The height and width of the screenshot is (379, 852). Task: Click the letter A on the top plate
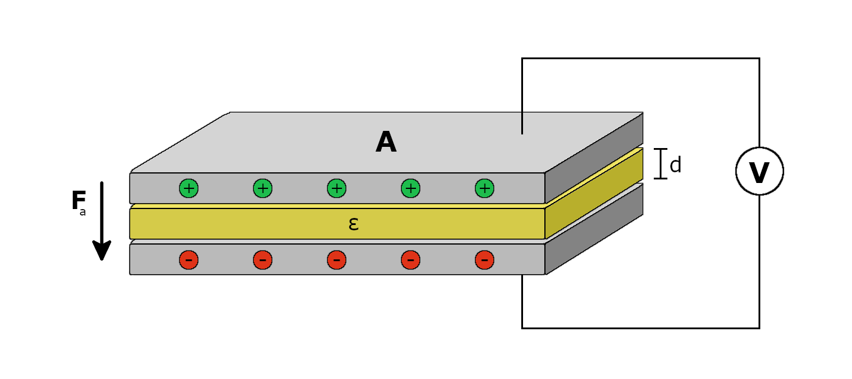pos(386,143)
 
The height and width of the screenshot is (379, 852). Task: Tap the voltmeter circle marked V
pos(759,171)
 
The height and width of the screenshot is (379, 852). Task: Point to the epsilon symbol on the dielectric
pos(353,224)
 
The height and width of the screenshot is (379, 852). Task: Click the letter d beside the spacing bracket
pos(675,166)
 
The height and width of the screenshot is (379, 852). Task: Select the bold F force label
pos(78,201)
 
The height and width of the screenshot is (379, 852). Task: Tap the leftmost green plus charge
pos(189,188)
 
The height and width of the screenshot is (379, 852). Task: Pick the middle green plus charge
pos(337,188)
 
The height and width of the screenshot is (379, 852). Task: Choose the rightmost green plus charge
pos(485,188)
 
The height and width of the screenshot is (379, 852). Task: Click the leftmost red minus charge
pos(189,260)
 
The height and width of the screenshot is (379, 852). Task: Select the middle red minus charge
pos(337,260)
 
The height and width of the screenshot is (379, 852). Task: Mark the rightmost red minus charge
pos(485,260)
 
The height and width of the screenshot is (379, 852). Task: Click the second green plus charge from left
pos(263,188)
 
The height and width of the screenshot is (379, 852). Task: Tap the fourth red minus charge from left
pos(411,260)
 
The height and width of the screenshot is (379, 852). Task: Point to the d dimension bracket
pos(660,163)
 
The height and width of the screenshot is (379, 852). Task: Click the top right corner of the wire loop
pos(759,59)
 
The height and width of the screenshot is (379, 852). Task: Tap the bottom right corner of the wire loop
pos(759,327)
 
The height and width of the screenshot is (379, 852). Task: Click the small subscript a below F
pos(83,213)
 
